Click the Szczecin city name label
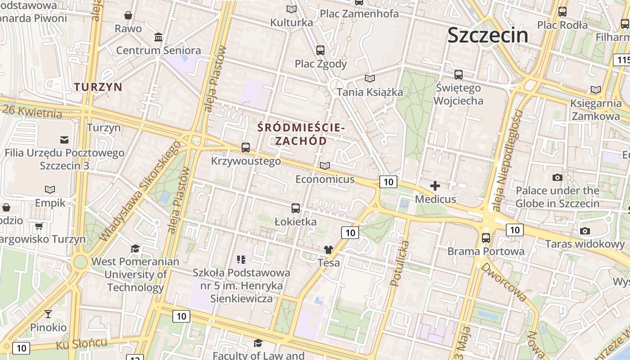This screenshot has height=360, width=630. pyautogui.click(x=488, y=35)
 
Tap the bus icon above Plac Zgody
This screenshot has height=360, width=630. pyautogui.click(x=320, y=50)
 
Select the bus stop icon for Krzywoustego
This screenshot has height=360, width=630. pyautogui.click(x=246, y=147)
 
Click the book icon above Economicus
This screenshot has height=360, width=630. pyautogui.click(x=325, y=166)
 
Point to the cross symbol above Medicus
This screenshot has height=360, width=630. pyautogui.click(x=435, y=185)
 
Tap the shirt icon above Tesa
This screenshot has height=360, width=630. pyautogui.click(x=328, y=249)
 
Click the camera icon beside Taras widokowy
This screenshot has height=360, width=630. pyautogui.click(x=585, y=231)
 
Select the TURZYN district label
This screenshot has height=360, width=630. pyautogui.click(x=98, y=87)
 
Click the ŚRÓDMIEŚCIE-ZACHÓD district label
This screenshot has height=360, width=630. pyautogui.click(x=301, y=134)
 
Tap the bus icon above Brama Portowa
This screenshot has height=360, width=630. pyautogui.click(x=486, y=238)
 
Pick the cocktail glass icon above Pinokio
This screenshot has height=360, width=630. pyautogui.click(x=48, y=314)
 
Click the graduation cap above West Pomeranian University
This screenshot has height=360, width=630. pyautogui.click(x=135, y=248)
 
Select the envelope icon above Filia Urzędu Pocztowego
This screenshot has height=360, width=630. pyautogui.click(x=64, y=139)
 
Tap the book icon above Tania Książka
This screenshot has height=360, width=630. pyautogui.click(x=370, y=79)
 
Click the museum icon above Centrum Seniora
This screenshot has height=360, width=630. pyautogui.click(x=158, y=37)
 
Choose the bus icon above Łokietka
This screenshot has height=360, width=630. pyautogui.click(x=296, y=208)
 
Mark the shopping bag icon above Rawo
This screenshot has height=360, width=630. pyautogui.click(x=128, y=15)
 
